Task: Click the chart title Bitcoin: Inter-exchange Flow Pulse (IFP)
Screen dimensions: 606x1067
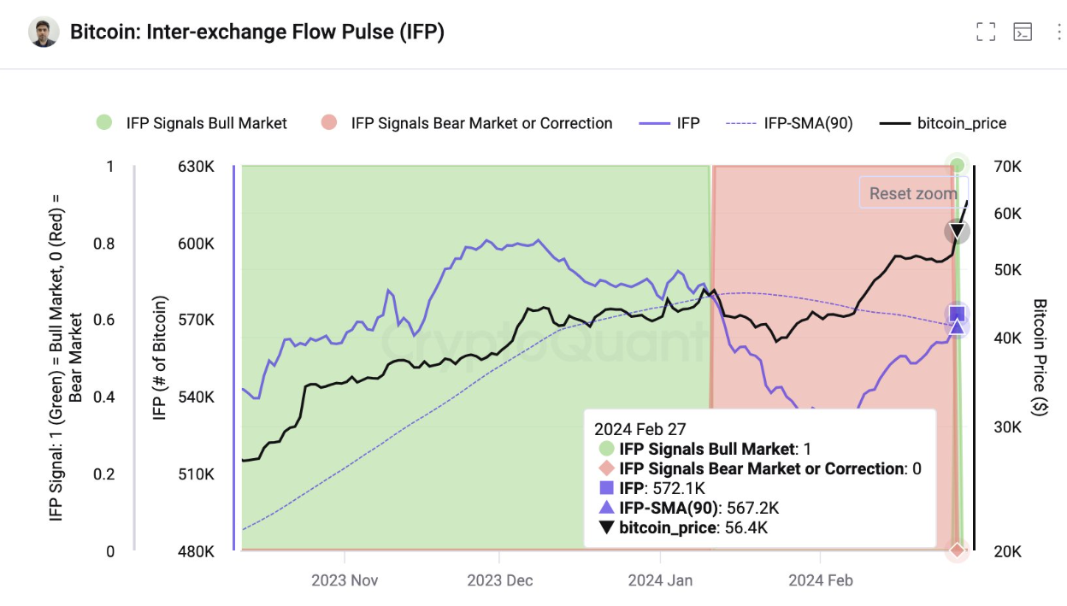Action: coord(256,32)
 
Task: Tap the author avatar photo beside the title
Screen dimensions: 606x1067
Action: coord(44,32)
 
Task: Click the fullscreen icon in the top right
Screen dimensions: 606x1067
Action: coord(986,32)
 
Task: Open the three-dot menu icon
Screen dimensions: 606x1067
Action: coord(1058,32)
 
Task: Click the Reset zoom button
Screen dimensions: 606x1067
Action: coord(912,193)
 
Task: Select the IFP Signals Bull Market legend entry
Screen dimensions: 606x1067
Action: coord(192,123)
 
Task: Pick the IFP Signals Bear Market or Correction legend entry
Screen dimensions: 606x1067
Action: coord(467,123)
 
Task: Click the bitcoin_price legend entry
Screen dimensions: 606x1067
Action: coord(944,123)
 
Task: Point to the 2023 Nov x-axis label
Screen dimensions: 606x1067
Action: coord(345,581)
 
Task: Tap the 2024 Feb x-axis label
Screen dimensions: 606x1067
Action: coord(821,581)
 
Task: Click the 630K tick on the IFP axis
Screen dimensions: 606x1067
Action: coord(196,167)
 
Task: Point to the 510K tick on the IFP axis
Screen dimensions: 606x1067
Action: coord(196,474)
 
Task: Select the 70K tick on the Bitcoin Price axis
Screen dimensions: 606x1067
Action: coord(1008,167)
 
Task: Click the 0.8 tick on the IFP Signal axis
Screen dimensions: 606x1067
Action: coord(103,244)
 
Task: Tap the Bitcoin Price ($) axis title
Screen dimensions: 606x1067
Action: coord(1040,357)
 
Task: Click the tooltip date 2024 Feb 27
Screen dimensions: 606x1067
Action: coord(640,429)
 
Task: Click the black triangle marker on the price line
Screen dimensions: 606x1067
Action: coord(958,232)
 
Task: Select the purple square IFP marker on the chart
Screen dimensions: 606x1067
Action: coord(957,314)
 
